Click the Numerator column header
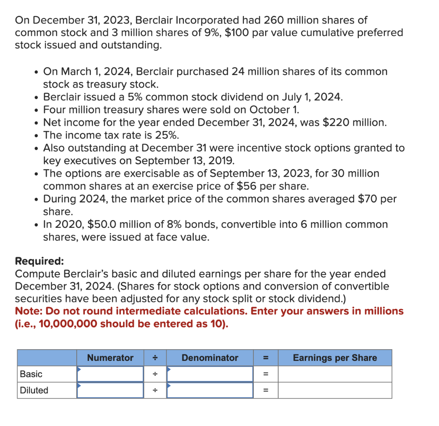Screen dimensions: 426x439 [x=110, y=358]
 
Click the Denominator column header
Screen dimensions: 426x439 [x=210, y=358]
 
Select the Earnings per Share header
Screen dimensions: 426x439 [x=335, y=358]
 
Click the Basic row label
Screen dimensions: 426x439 [x=31, y=374]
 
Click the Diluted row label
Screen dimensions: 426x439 [x=34, y=390]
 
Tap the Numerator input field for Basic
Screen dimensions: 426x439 [x=110, y=374]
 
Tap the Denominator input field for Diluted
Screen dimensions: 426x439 [x=210, y=390]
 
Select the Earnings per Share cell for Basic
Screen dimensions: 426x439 [x=335, y=374]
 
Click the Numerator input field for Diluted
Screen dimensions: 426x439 [x=110, y=390]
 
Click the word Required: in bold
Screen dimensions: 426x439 [x=39, y=261]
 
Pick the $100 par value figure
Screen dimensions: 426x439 [x=237, y=33]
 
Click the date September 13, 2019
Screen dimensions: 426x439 [x=184, y=161]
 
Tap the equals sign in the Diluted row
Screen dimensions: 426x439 [x=265, y=390]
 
